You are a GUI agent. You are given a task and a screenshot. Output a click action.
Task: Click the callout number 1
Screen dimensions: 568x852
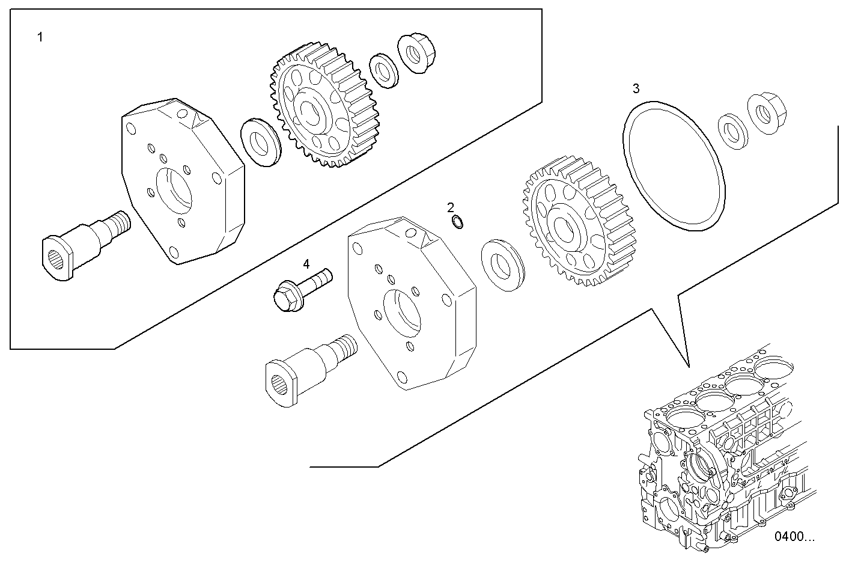pyautogui.click(x=40, y=38)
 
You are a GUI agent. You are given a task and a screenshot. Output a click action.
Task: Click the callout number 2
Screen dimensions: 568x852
pyautogui.click(x=451, y=208)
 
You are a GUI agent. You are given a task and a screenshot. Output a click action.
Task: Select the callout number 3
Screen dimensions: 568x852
pyautogui.click(x=636, y=89)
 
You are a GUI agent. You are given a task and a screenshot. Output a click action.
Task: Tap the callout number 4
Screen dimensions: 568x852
pyautogui.click(x=306, y=264)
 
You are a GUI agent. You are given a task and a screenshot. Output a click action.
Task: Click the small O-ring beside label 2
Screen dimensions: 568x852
pyautogui.click(x=457, y=223)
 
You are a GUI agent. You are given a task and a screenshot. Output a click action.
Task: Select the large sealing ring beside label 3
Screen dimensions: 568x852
pyautogui.click(x=674, y=166)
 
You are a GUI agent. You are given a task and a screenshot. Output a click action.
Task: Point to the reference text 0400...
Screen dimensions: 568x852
pyautogui.click(x=794, y=536)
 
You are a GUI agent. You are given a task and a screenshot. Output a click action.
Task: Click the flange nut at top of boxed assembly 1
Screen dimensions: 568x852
pyautogui.click(x=416, y=53)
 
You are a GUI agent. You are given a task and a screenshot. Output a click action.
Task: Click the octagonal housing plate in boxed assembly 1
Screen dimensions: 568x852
pyautogui.click(x=183, y=180)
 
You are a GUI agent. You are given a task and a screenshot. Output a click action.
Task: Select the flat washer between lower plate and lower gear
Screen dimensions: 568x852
pyautogui.click(x=502, y=264)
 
